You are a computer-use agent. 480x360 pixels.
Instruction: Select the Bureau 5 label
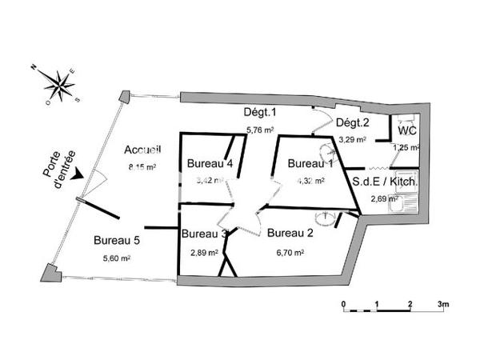[x=116, y=239]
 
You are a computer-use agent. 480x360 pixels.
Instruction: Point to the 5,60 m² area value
[x=116, y=258]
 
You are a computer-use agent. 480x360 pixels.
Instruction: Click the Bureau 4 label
[x=210, y=163]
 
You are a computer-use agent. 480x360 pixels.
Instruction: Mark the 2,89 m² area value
[x=204, y=252]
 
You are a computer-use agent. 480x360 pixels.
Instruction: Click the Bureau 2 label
[x=290, y=234]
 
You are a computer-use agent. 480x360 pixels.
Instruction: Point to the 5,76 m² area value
[x=260, y=129]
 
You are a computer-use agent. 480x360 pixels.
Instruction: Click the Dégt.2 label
[x=352, y=122]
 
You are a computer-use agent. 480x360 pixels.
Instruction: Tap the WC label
[x=406, y=130]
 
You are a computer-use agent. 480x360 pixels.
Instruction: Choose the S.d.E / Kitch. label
[x=385, y=182]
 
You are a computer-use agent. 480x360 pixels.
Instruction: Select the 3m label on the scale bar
[x=443, y=305]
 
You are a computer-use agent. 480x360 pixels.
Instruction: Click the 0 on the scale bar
[x=342, y=305]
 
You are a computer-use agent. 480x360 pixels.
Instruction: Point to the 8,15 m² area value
[x=142, y=167]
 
